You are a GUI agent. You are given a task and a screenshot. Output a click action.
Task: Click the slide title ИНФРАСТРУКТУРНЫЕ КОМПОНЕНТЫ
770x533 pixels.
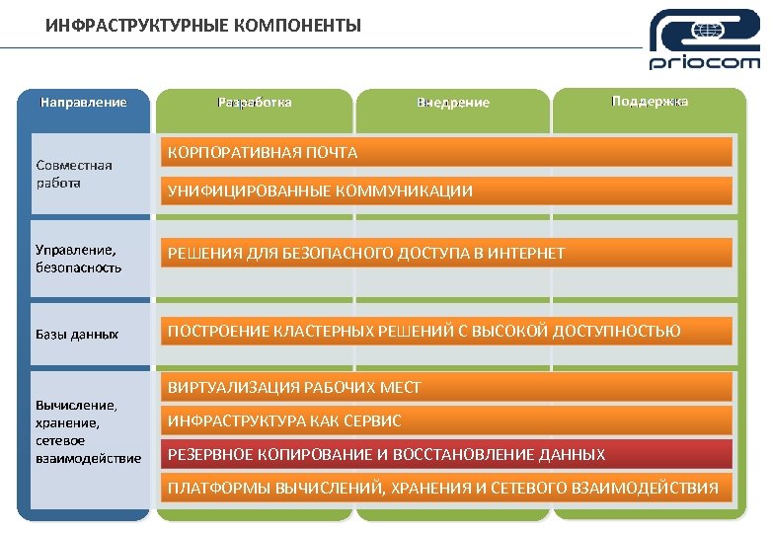coord(203,25)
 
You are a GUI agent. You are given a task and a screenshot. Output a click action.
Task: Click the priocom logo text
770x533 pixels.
coord(705,63)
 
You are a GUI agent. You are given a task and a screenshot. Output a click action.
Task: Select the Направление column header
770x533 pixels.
coord(83,102)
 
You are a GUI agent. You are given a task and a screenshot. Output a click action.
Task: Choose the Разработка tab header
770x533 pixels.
coord(255,102)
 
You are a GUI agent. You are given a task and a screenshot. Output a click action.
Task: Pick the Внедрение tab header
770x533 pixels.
coord(452,103)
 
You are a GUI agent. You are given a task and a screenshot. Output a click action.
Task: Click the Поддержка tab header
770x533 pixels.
coord(650,102)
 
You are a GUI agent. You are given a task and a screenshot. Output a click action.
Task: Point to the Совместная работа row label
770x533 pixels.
coord(74,174)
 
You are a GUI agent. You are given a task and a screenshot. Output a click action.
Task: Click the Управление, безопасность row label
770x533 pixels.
coord(79,259)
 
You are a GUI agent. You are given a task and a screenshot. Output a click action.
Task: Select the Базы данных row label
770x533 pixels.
coord(77,335)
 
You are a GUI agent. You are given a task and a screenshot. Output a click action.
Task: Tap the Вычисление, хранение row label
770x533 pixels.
coord(88,430)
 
